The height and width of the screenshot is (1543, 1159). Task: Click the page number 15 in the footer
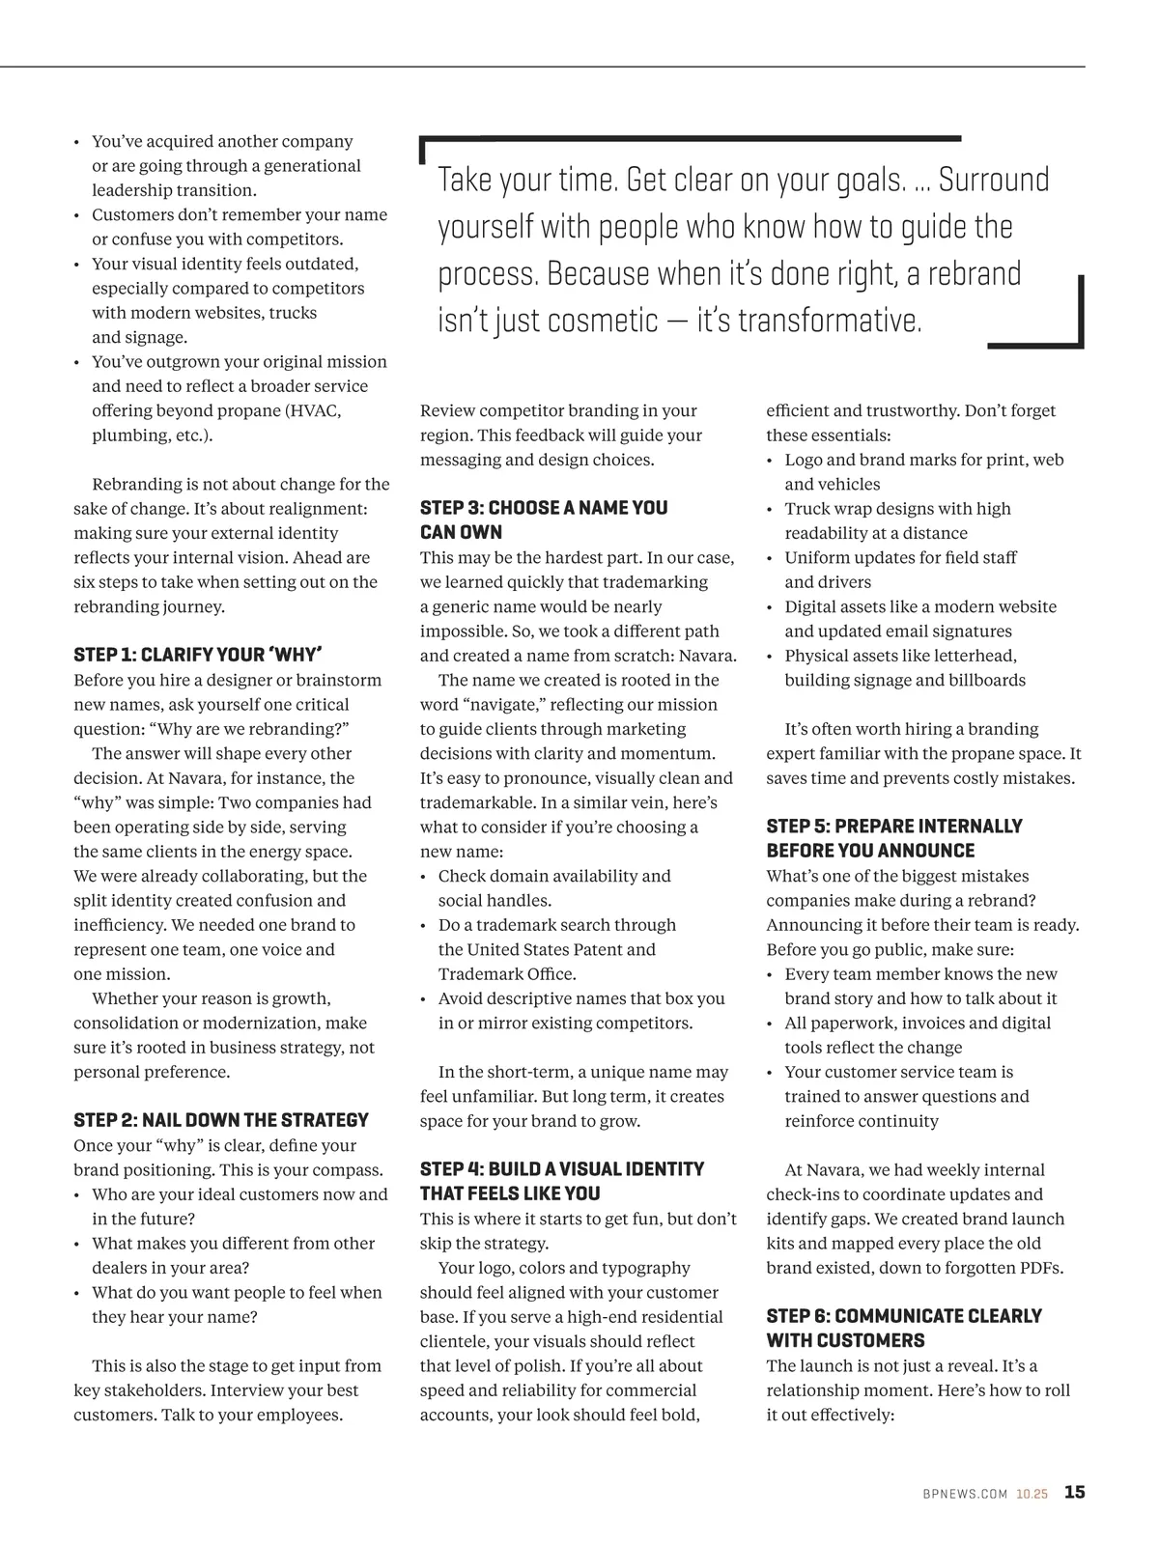(x=1074, y=1492)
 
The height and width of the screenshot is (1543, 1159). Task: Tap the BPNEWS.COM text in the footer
(x=964, y=1494)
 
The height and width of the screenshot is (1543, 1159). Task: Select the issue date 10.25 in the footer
(x=1031, y=1494)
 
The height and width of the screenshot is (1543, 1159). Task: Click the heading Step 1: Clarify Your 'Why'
(x=197, y=654)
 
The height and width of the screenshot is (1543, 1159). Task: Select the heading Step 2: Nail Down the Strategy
(x=221, y=1120)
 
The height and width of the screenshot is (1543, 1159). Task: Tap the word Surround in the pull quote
(x=994, y=181)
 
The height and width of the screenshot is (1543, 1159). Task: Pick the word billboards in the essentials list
(x=986, y=680)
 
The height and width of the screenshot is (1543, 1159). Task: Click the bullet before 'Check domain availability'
(x=425, y=877)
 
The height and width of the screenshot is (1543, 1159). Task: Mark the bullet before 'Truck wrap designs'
(x=771, y=509)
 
